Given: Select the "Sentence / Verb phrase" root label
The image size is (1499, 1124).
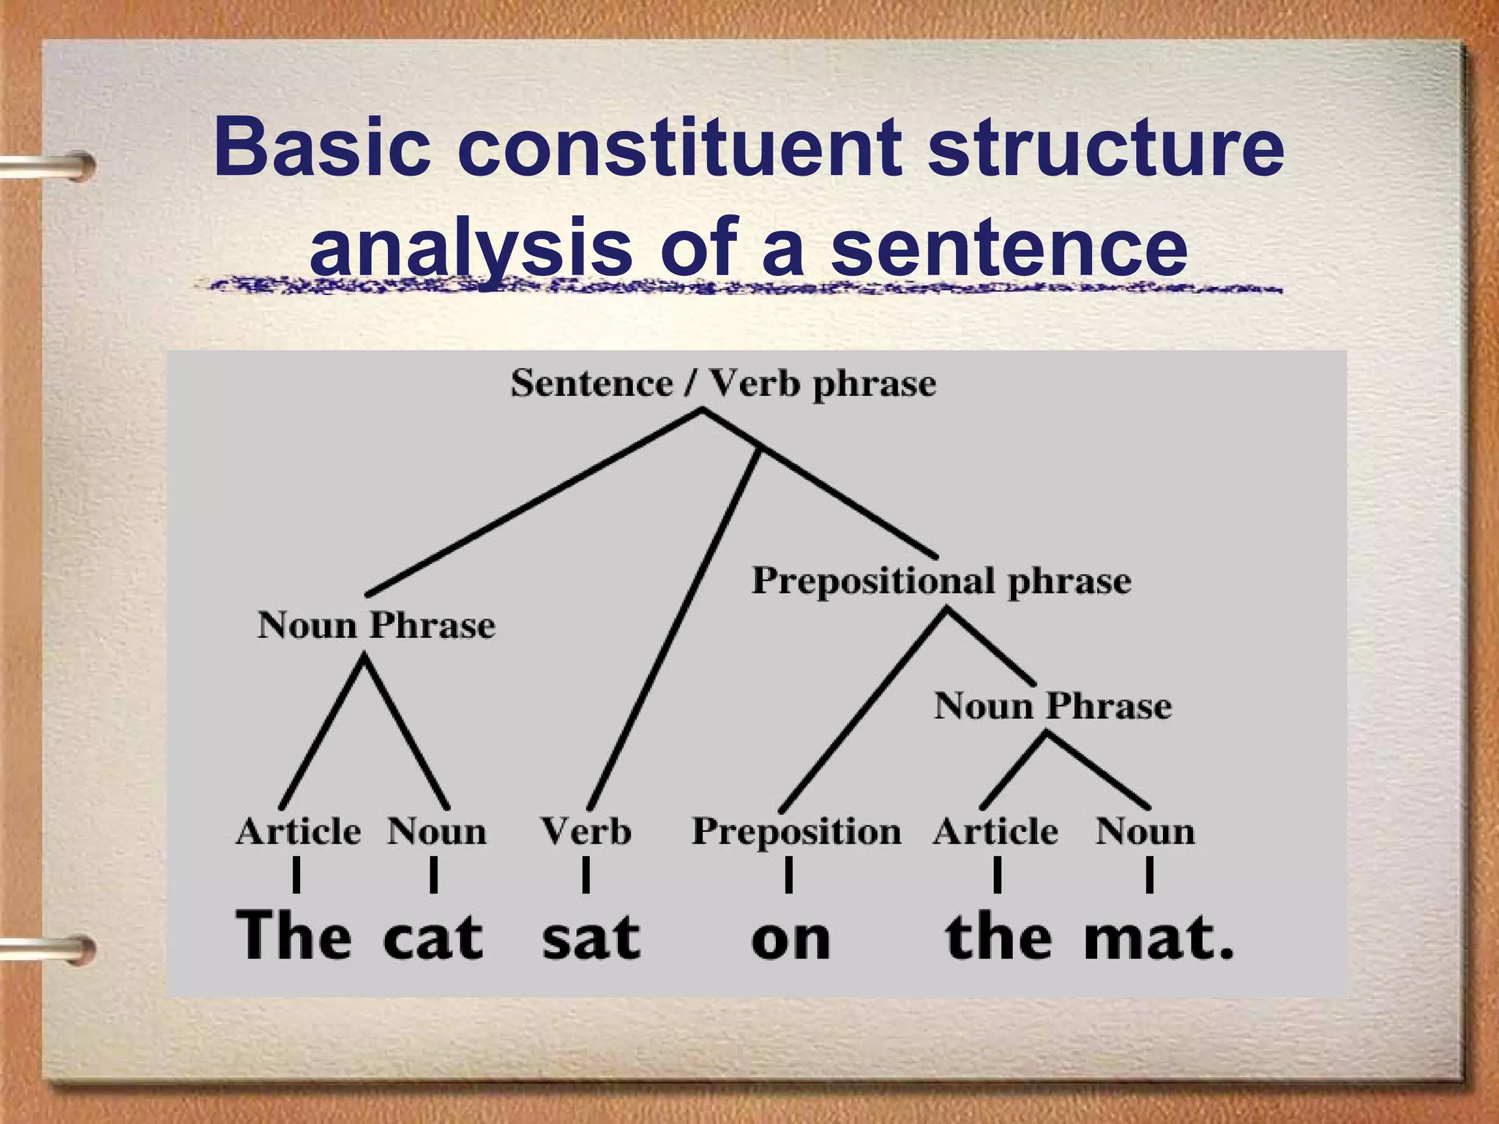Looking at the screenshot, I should click(723, 383).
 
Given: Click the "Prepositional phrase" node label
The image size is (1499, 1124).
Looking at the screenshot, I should click(941, 582).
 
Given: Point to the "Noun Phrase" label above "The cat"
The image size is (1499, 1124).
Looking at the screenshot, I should click(376, 626).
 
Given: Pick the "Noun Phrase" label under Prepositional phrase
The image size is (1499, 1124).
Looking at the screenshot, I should click(1053, 706).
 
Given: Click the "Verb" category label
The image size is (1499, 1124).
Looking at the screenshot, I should click(586, 832).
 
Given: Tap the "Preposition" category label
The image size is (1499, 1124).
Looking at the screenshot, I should click(796, 832).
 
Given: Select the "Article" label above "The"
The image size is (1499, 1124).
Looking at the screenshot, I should click(298, 832).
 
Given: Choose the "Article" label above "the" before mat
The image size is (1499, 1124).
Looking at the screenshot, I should click(995, 832).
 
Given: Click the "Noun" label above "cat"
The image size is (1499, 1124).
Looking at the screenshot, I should click(436, 832).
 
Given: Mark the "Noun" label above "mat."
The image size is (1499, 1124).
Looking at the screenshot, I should click(1145, 832).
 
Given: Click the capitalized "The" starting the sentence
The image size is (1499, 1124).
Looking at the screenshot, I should click(293, 935).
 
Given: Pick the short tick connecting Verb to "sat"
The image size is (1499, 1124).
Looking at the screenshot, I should click(586, 875).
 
